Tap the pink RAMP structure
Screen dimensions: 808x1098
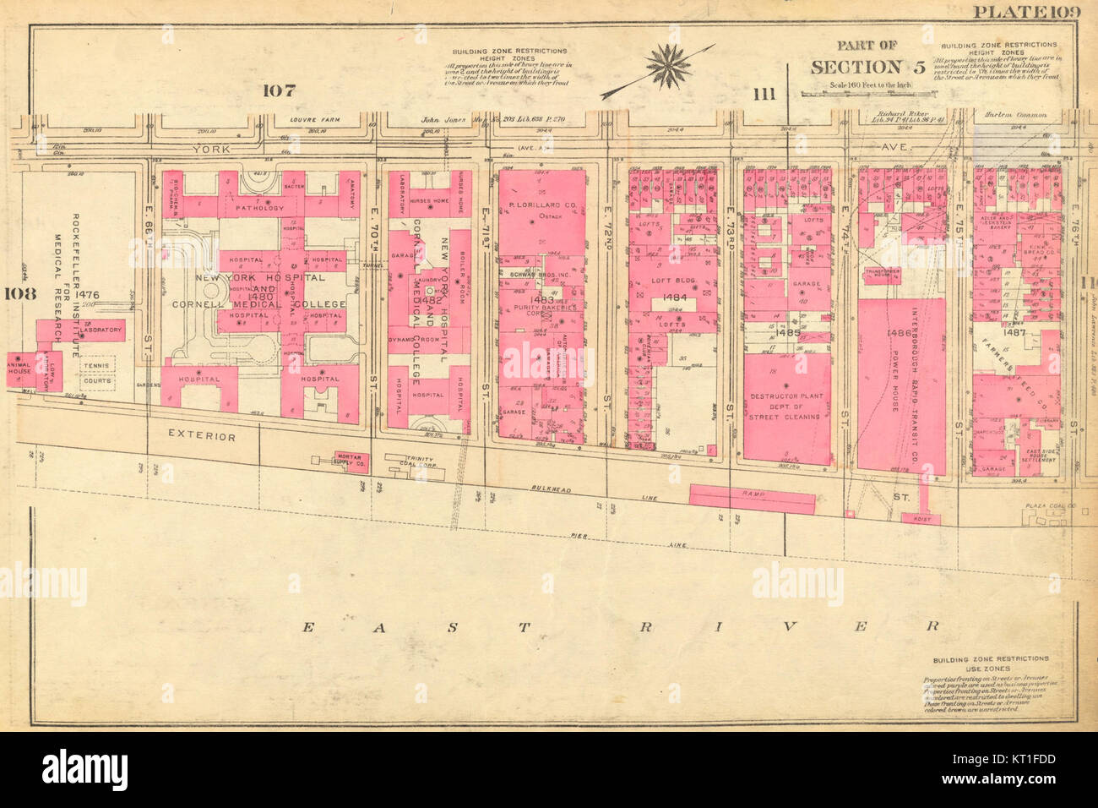coord(752,497)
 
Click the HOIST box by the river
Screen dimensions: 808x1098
coord(921,519)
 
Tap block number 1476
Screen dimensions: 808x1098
coord(86,294)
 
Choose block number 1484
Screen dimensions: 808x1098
coord(675,298)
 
